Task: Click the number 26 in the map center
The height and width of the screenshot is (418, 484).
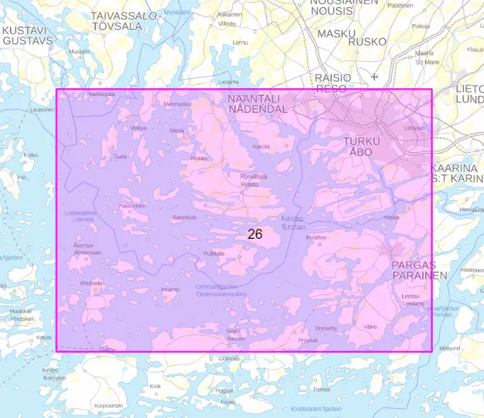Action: pos(255,233)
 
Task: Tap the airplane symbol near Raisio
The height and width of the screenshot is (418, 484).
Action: pos(375,76)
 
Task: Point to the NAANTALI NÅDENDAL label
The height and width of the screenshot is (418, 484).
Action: pos(257,104)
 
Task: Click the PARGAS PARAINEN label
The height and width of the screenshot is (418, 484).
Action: pos(419,270)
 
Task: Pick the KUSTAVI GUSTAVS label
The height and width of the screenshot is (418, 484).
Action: pos(27,36)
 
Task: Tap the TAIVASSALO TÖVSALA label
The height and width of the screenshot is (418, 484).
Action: pos(124,20)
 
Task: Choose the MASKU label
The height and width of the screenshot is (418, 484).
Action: pos(336,33)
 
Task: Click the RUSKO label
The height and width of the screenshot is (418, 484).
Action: pos(371,41)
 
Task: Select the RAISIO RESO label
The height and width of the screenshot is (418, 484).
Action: pos(333,82)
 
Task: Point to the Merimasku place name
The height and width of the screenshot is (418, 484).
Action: pos(178,104)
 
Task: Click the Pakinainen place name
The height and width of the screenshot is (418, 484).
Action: pos(132,205)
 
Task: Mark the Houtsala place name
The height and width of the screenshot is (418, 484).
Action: pos(92,282)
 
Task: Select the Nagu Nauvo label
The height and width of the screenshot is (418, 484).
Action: pos(235,334)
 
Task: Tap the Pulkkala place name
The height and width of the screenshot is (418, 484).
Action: pos(214,253)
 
